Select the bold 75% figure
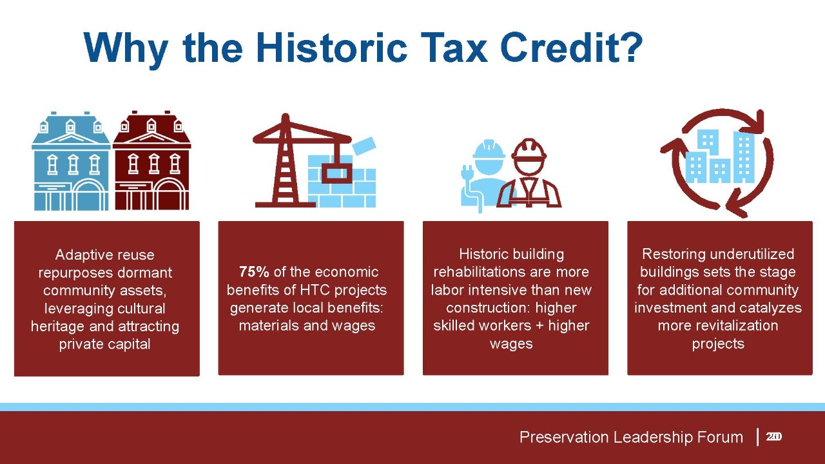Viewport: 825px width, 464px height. pos(254,272)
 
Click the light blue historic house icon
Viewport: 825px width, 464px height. pos(71,161)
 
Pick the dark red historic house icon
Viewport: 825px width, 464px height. pos(151,161)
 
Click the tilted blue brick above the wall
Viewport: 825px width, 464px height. pos(364,146)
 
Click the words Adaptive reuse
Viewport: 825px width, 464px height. pos(105,255)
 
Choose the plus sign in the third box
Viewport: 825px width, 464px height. pos(539,325)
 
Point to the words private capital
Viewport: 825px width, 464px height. pos(105,344)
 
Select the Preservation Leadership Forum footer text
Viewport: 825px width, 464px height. pos(631,437)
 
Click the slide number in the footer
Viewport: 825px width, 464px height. pos(774,437)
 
